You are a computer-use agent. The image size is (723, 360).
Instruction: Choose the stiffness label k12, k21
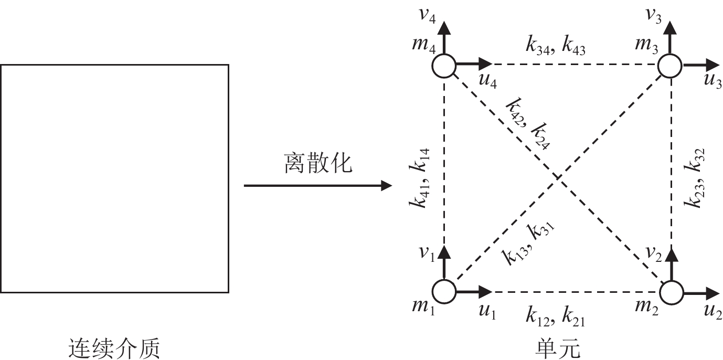tap(556, 317)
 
